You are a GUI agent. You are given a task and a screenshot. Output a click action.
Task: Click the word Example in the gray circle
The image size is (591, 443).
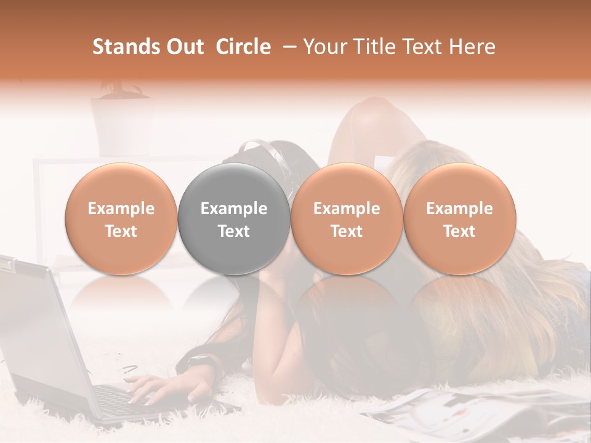(x=234, y=209)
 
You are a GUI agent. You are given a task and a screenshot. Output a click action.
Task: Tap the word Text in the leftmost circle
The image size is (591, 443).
(x=121, y=231)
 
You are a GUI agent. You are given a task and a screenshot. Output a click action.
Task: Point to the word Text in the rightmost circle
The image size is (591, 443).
(x=459, y=231)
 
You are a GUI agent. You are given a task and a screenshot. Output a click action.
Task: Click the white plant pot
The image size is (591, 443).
(x=120, y=123)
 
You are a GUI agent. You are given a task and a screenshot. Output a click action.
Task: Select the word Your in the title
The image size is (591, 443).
(x=323, y=47)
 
